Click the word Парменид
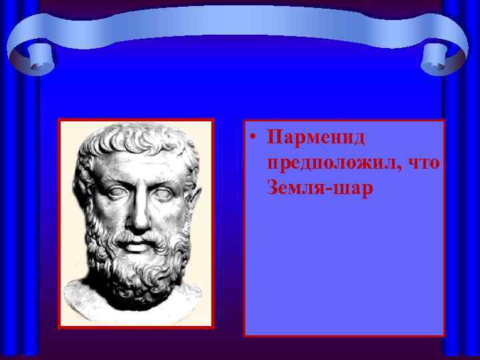coord(315,138)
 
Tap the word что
coord(421,163)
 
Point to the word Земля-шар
coord(320,189)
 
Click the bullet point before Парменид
coord(254,139)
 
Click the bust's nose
coord(138,212)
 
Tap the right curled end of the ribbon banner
coord(443,57)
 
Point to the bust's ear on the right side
coord(193,203)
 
